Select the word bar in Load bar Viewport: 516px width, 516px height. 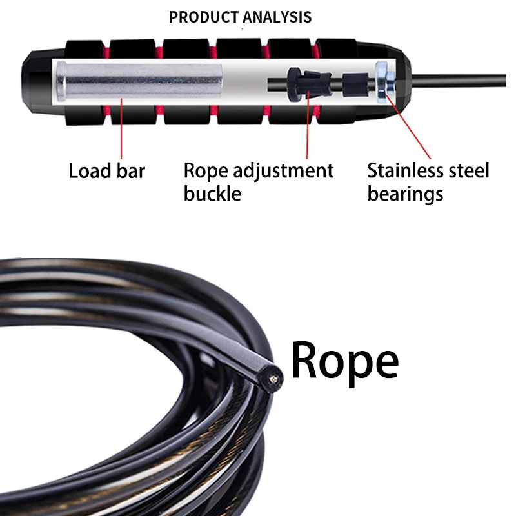[x=132, y=172]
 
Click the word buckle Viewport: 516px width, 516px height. [x=212, y=193]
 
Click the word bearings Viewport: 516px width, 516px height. [x=405, y=193]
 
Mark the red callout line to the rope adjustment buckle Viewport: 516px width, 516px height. [x=307, y=129]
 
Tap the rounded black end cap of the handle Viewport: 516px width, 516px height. [x=34, y=81]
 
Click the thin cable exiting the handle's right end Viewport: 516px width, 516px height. [x=464, y=81]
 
